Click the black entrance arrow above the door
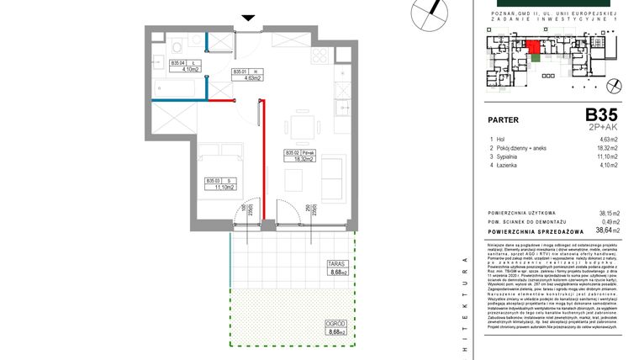[x=247, y=17]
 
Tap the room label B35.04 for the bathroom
[x=177, y=63]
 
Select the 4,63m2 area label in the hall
[x=251, y=78]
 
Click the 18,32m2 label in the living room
[x=301, y=158]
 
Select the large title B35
[x=601, y=114]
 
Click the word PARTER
[x=503, y=119]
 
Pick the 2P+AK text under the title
[x=603, y=126]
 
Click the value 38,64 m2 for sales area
[x=606, y=229]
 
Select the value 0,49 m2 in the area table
[x=608, y=220]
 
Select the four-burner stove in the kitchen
[x=322, y=57]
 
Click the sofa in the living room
[x=333, y=178]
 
